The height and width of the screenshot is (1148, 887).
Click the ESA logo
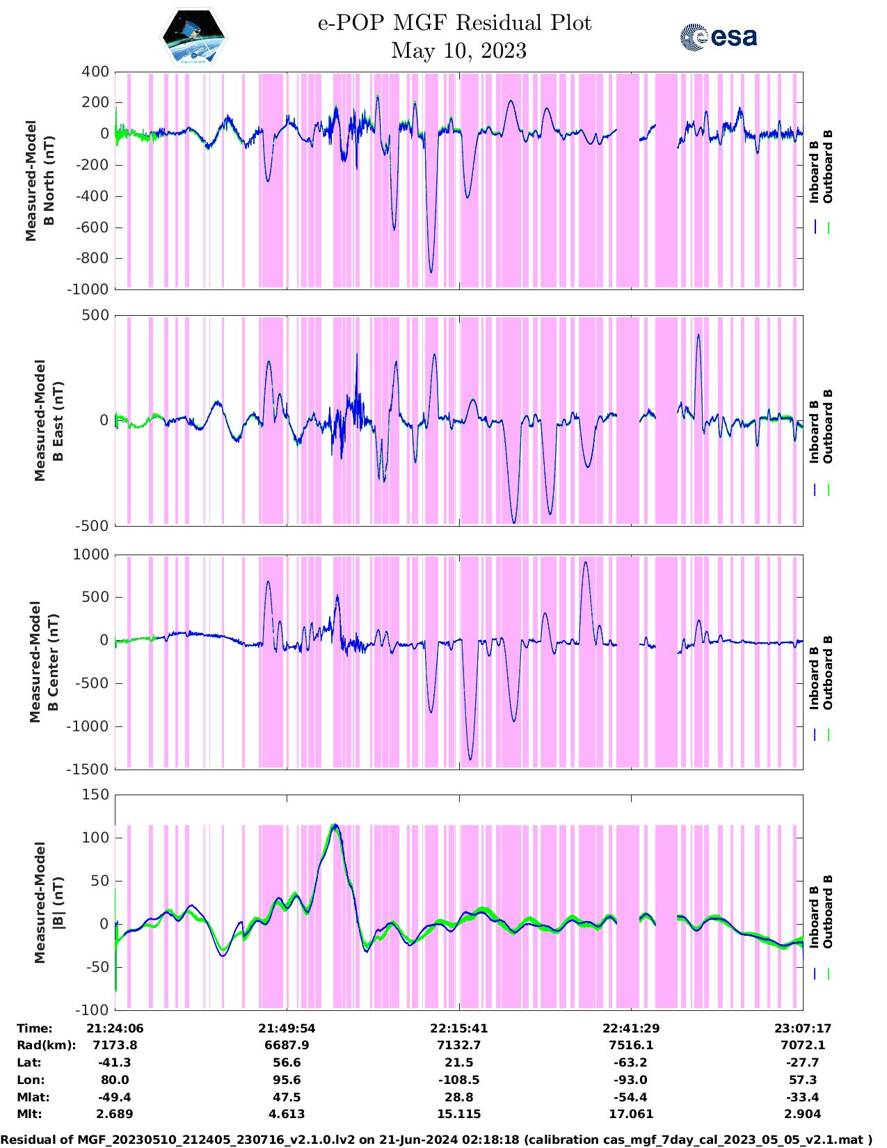(718, 37)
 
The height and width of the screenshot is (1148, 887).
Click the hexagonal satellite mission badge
(194, 38)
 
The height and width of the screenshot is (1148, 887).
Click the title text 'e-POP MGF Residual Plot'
(454, 23)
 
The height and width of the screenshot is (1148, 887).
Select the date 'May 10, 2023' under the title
(458, 51)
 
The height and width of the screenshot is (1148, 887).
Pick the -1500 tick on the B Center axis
(88, 770)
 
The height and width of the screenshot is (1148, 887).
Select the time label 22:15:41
(458, 1028)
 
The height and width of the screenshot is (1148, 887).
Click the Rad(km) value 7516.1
(631, 1045)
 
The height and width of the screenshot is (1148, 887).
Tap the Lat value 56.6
(287, 1062)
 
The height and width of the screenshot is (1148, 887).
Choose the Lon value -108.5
(458, 1080)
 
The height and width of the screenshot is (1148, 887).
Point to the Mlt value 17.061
(631, 1114)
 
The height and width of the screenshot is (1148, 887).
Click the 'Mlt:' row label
(29, 1114)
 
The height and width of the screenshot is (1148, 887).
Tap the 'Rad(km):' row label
(46, 1045)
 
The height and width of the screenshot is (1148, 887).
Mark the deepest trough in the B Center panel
(470, 759)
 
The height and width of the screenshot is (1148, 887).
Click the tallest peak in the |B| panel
(335, 825)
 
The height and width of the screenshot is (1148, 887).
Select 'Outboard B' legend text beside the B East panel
(828, 426)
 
